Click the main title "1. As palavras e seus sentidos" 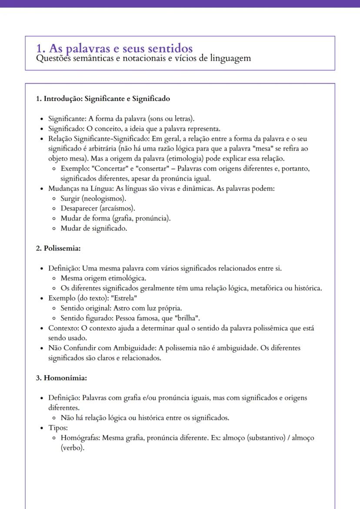click(115, 48)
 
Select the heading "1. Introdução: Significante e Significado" click(103, 99)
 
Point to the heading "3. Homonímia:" click(61, 378)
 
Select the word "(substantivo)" click(265, 438)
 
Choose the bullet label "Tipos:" click(58, 428)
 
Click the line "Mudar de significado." click(94, 229)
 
